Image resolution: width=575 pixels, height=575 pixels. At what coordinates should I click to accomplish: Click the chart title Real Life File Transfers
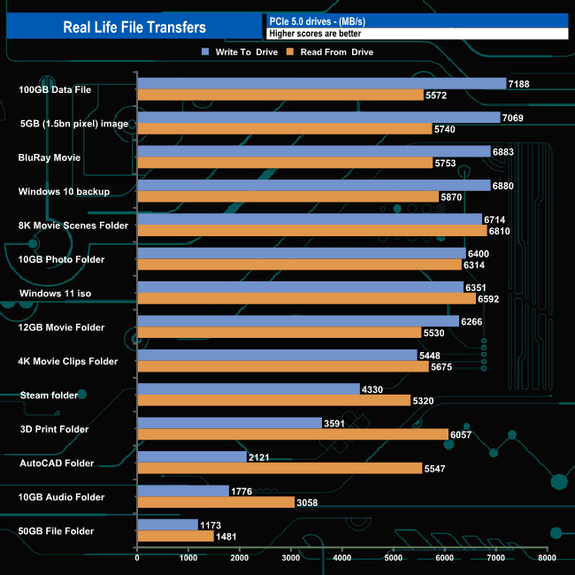[134, 27]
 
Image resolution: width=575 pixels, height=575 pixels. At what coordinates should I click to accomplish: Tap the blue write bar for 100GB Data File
[321, 83]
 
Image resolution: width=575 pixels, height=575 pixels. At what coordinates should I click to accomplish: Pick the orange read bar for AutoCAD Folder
[280, 468]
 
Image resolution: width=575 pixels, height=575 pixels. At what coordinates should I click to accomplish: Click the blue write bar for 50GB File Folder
[167, 525]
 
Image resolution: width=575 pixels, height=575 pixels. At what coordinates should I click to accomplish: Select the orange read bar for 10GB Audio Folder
[216, 502]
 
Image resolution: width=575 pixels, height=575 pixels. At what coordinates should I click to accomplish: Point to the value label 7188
[519, 83]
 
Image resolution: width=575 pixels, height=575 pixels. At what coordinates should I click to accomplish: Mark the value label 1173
[211, 525]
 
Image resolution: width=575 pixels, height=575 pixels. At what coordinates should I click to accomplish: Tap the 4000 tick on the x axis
[342, 559]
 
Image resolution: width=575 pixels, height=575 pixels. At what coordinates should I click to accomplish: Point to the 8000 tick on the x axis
[547, 559]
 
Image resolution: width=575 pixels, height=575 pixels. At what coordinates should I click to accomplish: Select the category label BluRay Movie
[50, 157]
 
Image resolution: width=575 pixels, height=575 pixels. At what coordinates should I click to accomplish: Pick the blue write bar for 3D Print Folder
[229, 423]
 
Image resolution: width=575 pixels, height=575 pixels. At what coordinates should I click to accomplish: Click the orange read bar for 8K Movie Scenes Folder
[311, 231]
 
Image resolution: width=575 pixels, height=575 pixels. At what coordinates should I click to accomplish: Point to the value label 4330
[373, 389]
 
